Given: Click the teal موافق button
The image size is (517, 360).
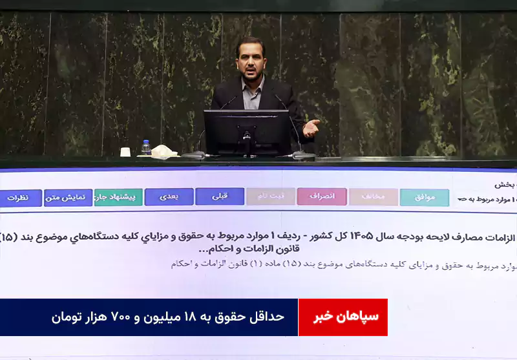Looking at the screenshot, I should click(424, 197).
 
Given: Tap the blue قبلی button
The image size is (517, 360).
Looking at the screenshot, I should click(220, 196).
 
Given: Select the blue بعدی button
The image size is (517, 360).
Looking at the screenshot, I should click(169, 196).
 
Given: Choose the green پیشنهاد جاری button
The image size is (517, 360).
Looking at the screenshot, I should click(118, 197).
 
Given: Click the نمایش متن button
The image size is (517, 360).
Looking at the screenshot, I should click(68, 198).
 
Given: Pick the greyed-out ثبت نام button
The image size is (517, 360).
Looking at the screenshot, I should click(271, 196).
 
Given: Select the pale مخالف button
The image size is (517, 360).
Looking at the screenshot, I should click(373, 197).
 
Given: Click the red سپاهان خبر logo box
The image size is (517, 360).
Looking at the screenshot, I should click(343, 317).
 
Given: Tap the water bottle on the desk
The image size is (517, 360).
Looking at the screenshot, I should click(146, 148).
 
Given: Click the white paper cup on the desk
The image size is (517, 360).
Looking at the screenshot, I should click(125, 153).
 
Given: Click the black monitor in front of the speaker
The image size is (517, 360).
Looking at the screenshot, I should click(247, 132).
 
